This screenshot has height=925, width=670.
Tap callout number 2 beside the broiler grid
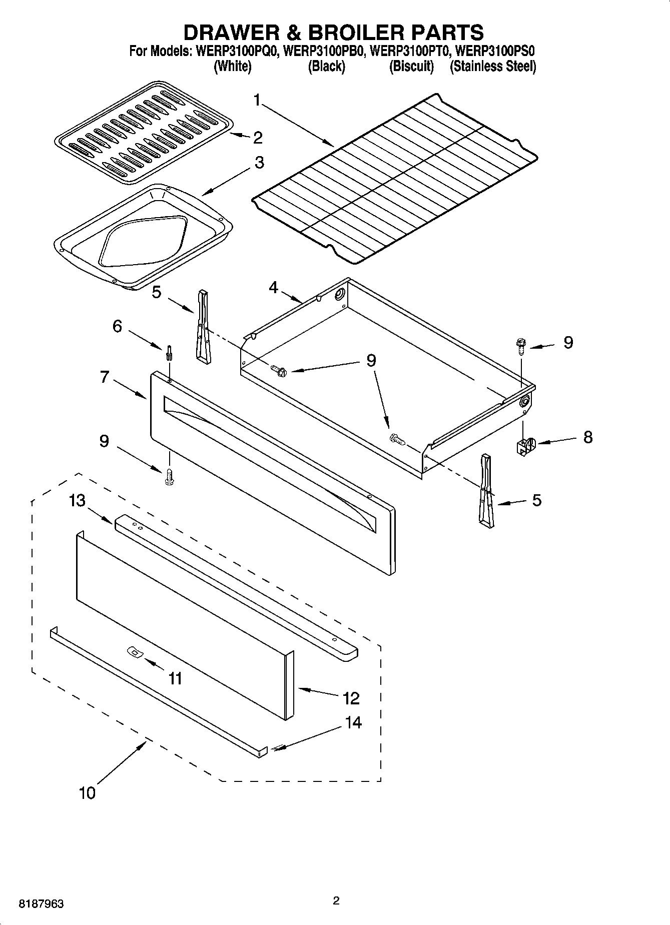[258, 137]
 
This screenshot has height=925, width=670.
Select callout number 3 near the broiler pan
[259, 163]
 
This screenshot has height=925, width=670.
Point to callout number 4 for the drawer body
[273, 287]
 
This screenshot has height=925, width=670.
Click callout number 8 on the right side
[588, 437]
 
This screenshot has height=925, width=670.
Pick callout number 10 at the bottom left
[87, 792]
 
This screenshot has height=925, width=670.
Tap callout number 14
[354, 722]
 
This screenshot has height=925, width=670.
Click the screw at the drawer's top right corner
[520, 346]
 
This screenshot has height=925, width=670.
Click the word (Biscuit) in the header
[411, 66]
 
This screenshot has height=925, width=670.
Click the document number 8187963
[42, 904]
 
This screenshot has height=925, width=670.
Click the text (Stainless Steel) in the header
[493, 66]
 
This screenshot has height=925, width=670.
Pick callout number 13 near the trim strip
[77, 500]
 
